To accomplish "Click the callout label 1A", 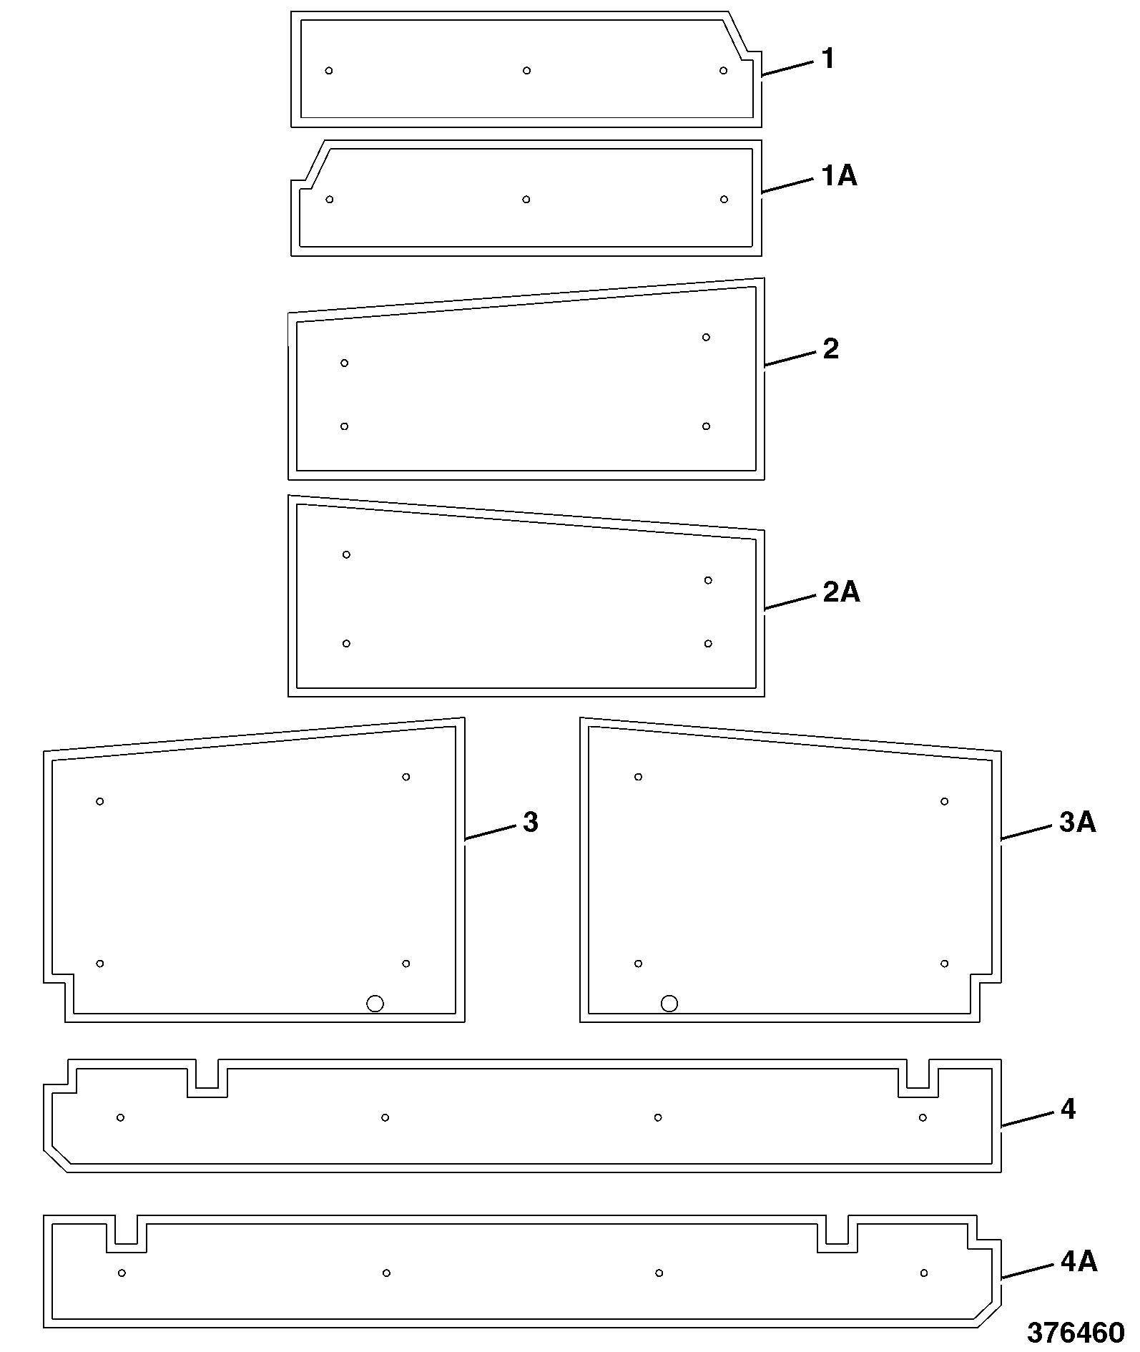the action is coord(838,175).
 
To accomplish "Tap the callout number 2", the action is coord(830,349).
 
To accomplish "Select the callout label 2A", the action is coord(841,592).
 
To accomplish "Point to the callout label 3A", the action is coord(1077,823).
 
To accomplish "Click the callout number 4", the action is coord(1068,1109).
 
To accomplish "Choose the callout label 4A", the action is coord(1078,1262).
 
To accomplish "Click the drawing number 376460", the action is coord(1076,1333).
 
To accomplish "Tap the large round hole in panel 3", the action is coord(375,1004).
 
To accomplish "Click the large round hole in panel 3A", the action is coord(669,1004).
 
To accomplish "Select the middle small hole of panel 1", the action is coord(526,70).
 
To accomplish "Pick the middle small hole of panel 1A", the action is coord(526,199).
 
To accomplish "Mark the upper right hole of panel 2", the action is coord(706,337).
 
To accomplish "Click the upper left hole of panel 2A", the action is coord(346,554).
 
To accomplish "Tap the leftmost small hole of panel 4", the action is coord(120,1117).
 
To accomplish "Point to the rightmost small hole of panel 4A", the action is coord(924,1273).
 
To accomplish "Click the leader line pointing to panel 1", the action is coord(787,68).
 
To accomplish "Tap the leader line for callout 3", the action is coord(490,832).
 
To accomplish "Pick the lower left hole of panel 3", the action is coord(100,964).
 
